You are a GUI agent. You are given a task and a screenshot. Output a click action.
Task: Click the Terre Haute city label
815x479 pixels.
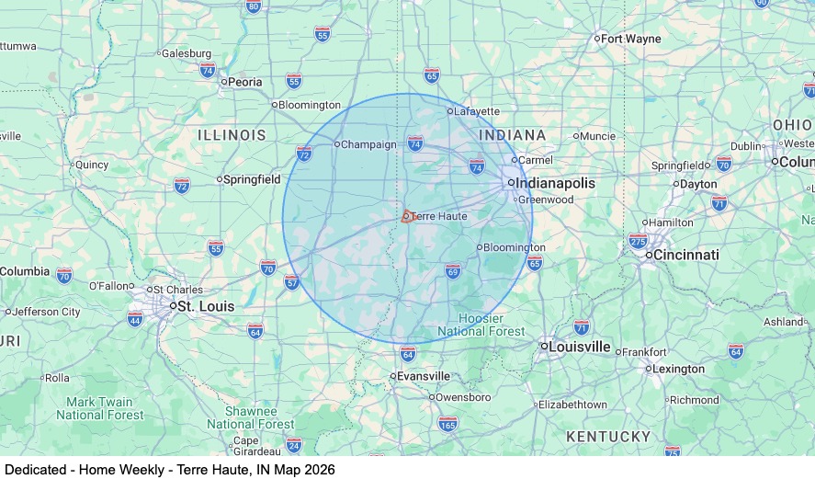coord(439,216)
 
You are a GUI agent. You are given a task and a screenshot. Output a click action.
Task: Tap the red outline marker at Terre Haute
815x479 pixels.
coord(405,217)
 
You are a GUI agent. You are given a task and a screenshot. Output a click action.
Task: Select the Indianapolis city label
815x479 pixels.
coord(555,183)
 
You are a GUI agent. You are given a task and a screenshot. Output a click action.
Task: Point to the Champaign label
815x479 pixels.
coord(369,144)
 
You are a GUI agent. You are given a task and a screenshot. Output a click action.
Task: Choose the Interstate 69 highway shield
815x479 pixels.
coord(452,271)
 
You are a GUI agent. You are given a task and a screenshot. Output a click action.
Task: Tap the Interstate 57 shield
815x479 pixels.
coord(292,281)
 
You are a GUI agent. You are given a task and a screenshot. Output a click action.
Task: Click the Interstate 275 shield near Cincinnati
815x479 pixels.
coord(638,241)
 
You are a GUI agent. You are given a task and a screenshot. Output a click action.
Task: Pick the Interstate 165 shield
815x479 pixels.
coord(447,424)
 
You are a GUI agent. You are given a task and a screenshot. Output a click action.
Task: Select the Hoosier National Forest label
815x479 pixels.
coord(481,325)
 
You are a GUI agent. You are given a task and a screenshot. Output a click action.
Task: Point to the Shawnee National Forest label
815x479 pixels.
coord(251,417)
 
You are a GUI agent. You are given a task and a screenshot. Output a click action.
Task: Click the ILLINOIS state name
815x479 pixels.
coord(232,135)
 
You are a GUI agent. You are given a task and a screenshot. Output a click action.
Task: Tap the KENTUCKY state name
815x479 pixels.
coord(608,436)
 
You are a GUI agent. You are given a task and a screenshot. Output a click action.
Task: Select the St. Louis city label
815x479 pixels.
coord(205,306)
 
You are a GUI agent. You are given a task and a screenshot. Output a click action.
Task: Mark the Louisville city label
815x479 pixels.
coord(580,347)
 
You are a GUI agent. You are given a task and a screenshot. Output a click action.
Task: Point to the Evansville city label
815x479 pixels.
coord(424,376)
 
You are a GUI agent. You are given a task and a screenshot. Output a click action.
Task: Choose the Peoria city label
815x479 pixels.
coord(244,82)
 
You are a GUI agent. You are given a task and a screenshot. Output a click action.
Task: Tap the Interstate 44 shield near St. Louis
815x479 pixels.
coord(135,319)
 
